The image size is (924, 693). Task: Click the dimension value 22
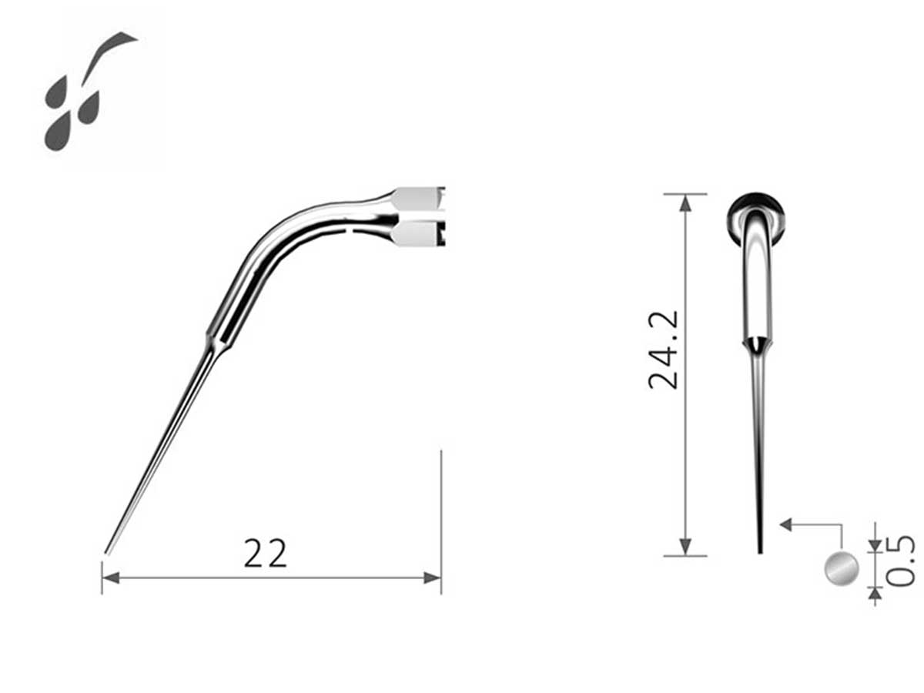click(266, 553)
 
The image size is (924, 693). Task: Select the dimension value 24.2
click(664, 350)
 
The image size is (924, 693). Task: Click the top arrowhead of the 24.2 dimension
click(685, 202)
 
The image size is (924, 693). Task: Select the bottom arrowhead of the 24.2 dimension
click(685, 547)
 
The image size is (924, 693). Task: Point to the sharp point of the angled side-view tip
click(106, 552)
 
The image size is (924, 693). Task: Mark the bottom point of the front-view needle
click(760, 551)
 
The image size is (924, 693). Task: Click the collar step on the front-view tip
click(756, 343)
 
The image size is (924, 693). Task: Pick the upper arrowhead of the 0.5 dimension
click(875, 544)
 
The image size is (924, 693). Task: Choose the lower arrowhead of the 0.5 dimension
click(875, 592)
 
